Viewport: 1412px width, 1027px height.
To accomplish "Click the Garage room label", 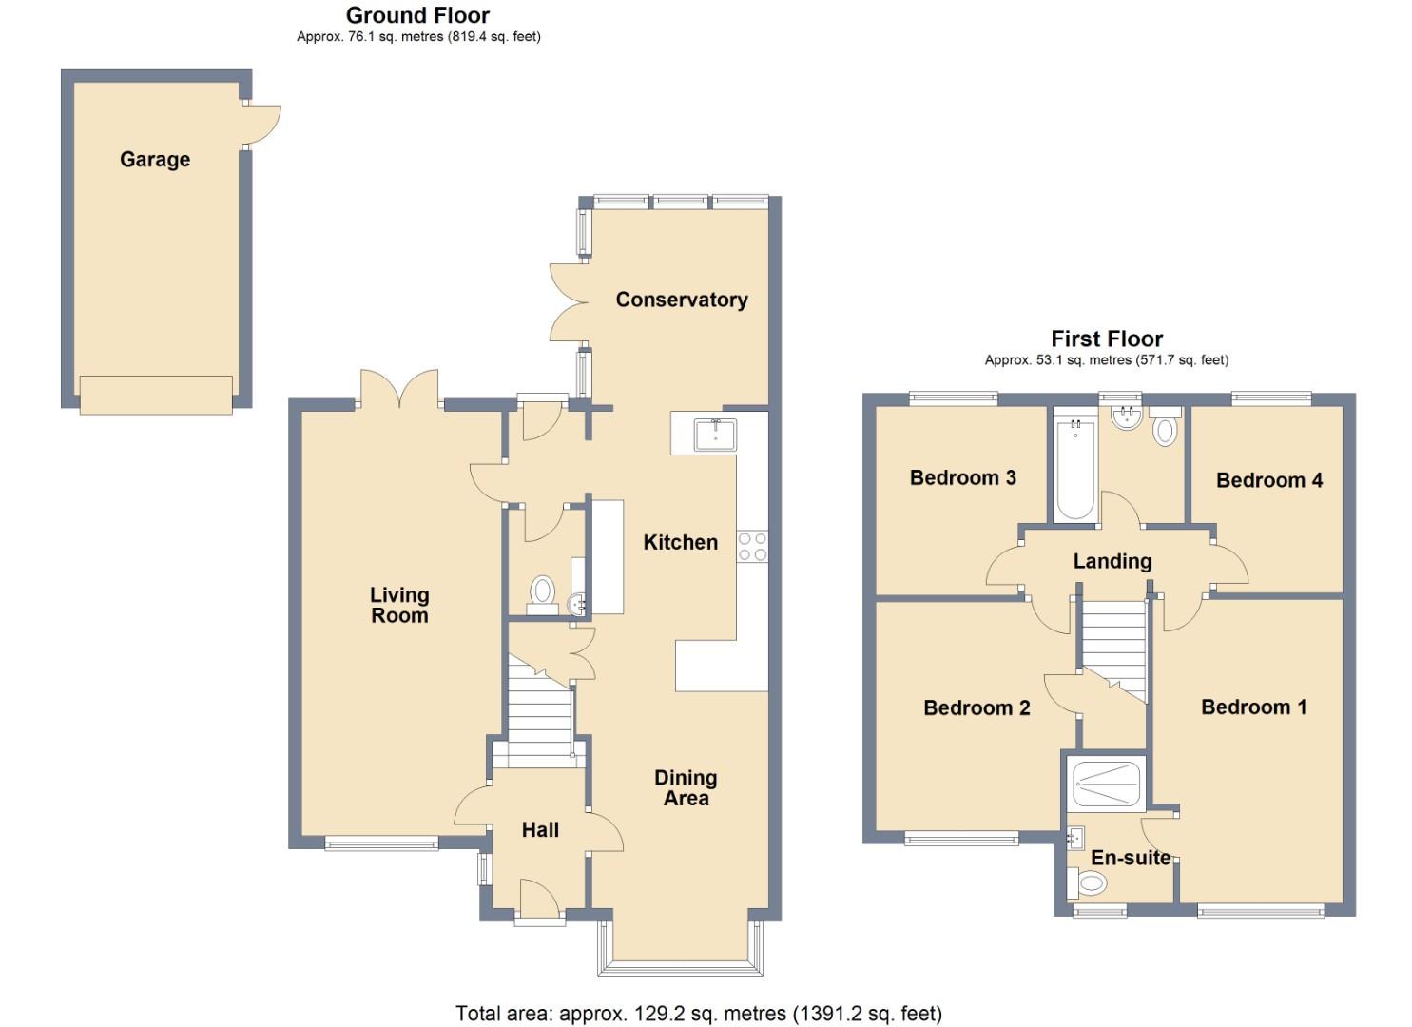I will tap(155, 160).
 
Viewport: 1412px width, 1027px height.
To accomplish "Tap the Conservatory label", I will tap(681, 300).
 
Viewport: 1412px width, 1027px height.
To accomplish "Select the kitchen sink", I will tap(715, 434).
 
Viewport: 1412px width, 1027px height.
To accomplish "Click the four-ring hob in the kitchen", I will tap(752, 547).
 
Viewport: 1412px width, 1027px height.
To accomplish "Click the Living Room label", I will tap(399, 605).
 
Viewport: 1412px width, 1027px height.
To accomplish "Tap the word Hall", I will tap(540, 830).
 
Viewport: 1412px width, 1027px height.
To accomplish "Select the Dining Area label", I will tap(686, 788).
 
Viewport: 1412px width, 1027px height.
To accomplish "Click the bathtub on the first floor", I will tap(1074, 468).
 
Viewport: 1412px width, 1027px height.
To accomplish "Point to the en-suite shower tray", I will tap(1108, 784).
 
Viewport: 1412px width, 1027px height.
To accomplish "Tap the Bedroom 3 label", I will tap(962, 477).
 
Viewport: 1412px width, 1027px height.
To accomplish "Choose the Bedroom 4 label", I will tap(1268, 480).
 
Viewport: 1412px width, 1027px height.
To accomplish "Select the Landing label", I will tap(1112, 561).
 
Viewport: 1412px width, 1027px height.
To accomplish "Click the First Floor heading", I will tap(1106, 339).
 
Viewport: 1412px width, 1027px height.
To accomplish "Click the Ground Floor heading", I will tap(417, 15).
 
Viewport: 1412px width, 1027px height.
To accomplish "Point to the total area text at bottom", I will tap(699, 1014).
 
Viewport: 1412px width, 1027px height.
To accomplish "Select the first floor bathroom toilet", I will tap(1165, 429).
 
